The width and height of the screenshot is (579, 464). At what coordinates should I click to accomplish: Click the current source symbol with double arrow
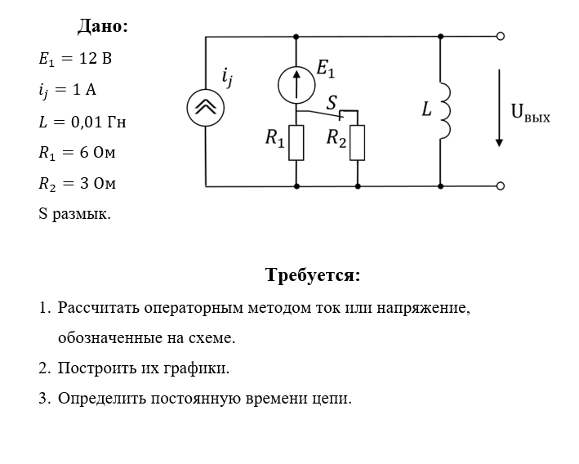click(x=205, y=107)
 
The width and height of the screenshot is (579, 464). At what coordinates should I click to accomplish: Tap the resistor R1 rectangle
click(x=296, y=142)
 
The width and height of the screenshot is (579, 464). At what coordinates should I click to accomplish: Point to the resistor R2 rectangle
click(x=357, y=142)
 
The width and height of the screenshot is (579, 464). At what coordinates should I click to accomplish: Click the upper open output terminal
click(x=501, y=36)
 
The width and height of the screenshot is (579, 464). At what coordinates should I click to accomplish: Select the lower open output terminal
click(x=501, y=185)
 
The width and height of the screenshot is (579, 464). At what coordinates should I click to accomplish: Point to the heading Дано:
click(x=103, y=26)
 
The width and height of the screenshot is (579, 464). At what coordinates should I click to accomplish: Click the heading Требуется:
click(x=313, y=274)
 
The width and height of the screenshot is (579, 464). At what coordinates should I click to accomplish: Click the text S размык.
click(x=74, y=214)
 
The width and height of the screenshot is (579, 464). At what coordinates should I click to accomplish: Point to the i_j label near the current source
click(x=227, y=78)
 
